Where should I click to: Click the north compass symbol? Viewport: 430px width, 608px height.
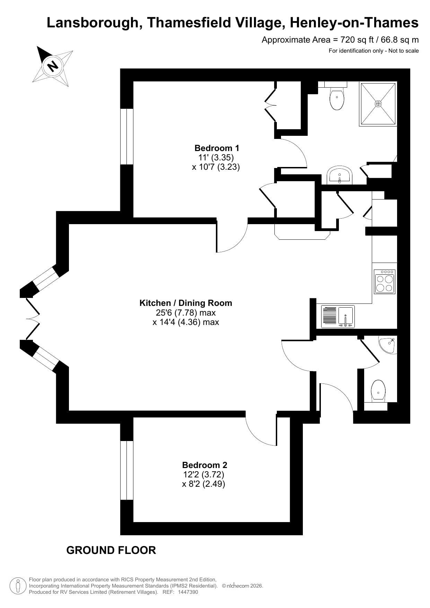[x=53, y=66]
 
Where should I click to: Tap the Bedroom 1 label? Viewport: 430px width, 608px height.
[x=217, y=148]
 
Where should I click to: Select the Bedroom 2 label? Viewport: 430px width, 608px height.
[x=205, y=465]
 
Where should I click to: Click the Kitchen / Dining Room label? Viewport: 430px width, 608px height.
[x=186, y=303]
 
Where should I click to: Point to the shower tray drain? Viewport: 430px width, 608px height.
[x=378, y=104]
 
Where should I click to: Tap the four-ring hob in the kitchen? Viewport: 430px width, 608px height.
[x=385, y=282]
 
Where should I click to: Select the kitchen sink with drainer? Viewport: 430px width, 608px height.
[x=338, y=316]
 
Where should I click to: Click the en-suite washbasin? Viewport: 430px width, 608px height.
[x=340, y=175]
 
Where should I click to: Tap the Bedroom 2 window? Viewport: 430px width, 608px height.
[x=127, y=470]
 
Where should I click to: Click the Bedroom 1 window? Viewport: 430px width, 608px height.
[x=127, y=136]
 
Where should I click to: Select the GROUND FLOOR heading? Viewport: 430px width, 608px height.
[x=111, y=550]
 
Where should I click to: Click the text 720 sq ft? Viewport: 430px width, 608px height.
[x=353, y=40]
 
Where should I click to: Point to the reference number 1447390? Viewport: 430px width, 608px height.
[x=188, y=592]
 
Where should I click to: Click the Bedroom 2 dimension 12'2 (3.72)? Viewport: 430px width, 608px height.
[x=204, y=474]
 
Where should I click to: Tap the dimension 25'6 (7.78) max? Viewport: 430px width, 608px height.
[x=186, y=312]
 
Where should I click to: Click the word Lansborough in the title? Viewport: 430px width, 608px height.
[x=93, y=23]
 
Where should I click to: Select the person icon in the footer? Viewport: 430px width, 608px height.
[x=18, y=586]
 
